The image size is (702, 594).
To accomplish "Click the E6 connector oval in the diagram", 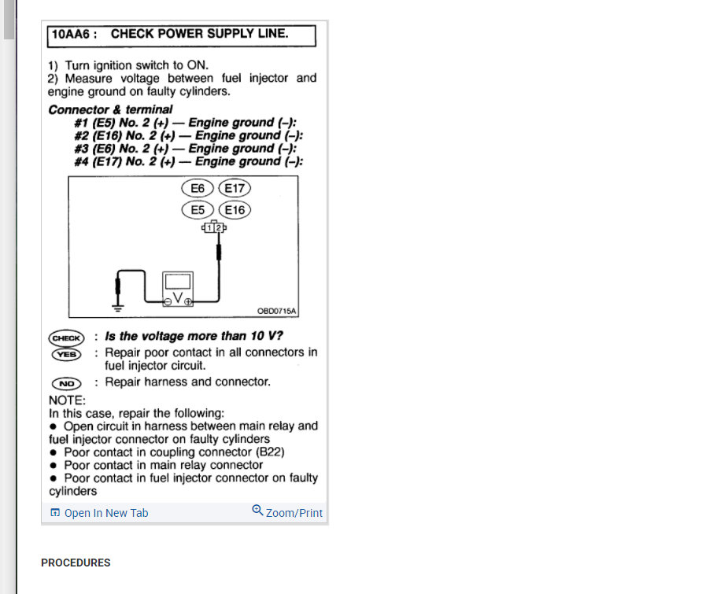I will (x=197, y=189).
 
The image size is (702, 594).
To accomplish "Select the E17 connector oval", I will (x=235, y=189).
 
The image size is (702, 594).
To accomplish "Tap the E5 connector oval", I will (x=197, y=210).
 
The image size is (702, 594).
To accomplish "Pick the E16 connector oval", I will (x=235, y=210).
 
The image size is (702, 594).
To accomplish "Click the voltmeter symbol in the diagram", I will (x=178, y=290).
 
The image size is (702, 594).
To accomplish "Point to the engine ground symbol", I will (x=118, y=305).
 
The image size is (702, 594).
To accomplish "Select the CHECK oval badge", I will (x=67, y=338).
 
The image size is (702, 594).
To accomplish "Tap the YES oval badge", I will (x=67, y=353).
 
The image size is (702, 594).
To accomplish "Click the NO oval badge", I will (x=67, y=383).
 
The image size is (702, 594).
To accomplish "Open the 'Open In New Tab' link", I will (x=99, y=513).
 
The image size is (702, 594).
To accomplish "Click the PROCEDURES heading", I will (x=76, y=563).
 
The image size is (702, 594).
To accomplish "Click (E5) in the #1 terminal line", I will (x=105, y=124).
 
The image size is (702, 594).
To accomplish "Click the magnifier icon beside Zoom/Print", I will (x=257, y=511).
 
